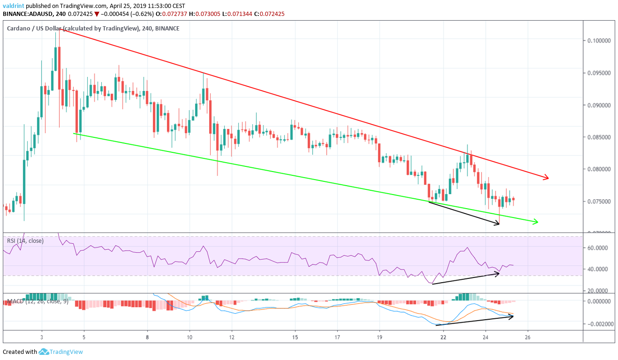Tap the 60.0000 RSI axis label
[x=600, y=247]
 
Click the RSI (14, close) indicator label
[x=25, y=241]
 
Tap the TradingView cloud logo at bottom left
[x=44, y=352]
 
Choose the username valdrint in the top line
[x=13, y=5]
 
